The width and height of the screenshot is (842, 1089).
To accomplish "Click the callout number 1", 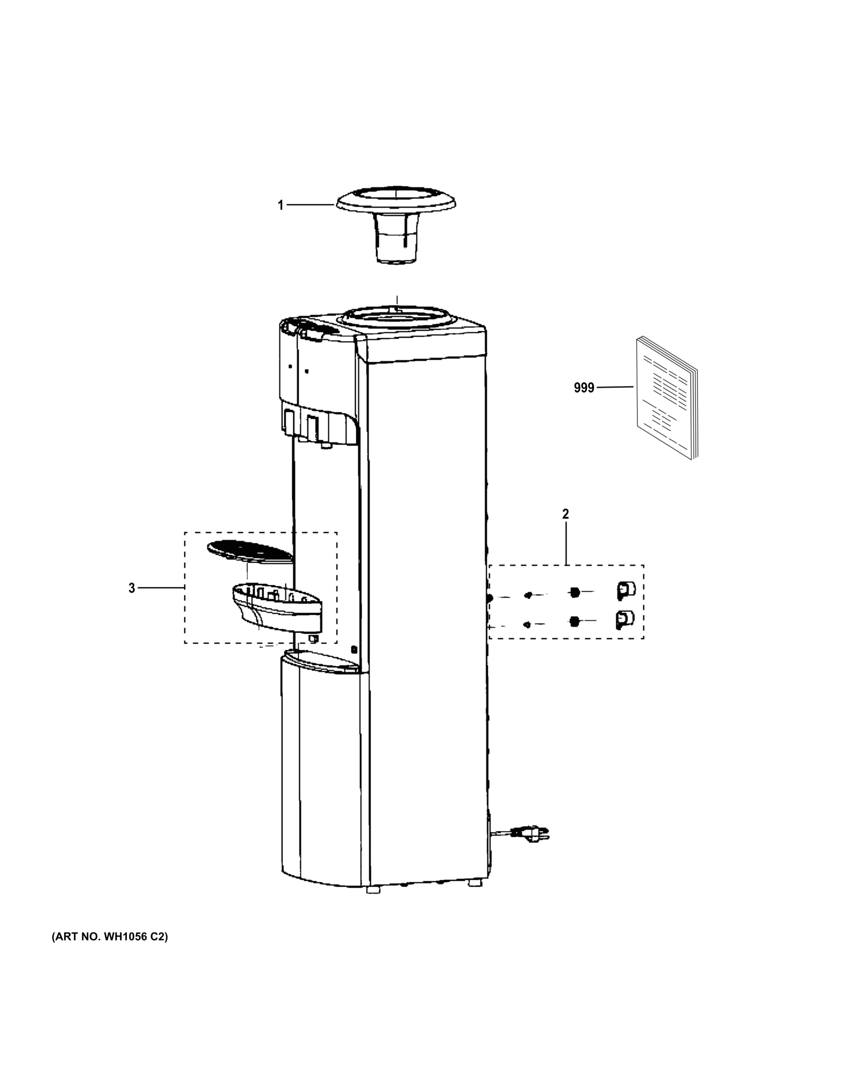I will click(x=281, y=206).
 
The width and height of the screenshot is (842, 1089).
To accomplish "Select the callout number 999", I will click(x=584, y=388).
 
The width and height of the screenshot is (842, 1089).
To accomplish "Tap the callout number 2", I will click(x=565, y=514).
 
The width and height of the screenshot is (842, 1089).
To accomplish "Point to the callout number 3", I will click(x=132, y=589).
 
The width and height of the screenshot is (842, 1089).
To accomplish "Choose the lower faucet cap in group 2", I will click(x=625, y=620).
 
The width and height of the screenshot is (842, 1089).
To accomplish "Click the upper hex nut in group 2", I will click(x=574, y=592).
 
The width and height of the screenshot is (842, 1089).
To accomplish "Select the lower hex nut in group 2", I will click(x=574, y=621).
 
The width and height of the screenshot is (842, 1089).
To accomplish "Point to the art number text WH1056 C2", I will click(x=110, y=937).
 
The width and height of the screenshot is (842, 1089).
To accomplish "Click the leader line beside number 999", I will click(x=615, y=387).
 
